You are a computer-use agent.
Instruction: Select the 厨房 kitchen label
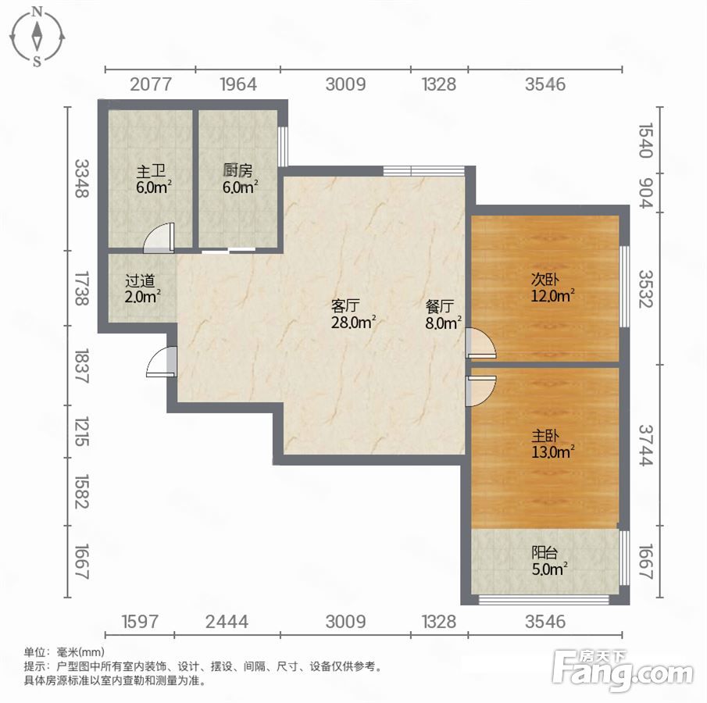pos(240,179)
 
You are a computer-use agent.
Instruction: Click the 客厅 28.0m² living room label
pos(353,314)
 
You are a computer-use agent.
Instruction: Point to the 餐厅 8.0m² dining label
pos(444,314)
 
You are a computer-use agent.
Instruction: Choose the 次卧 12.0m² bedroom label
pos(553,287)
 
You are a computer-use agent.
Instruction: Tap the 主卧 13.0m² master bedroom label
pos(553,444)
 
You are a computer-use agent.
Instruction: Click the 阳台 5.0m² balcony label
pos(550,561)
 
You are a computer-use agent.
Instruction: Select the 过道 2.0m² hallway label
pos(143,288)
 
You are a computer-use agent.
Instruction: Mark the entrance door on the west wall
pos(161,361)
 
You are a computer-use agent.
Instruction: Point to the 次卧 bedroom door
pos(480,344)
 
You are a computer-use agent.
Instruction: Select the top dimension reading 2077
pos(151,84)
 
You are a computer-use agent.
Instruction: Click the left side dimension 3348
pos(81,179)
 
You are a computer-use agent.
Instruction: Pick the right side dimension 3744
pos(646,445)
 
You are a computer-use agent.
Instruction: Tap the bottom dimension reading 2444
pos(227,622)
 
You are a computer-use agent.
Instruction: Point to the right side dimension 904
pos(646,193)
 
